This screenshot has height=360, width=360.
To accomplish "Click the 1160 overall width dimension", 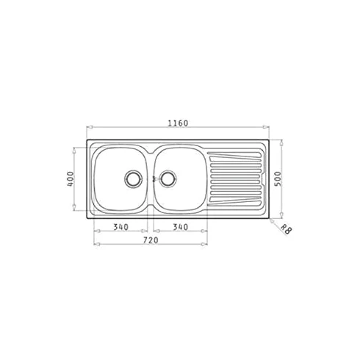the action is pos(178,123).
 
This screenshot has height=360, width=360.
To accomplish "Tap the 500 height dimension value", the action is pos(278,179).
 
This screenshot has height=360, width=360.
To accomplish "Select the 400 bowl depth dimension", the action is pos(71,179).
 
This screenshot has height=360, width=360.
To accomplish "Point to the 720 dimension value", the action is pos(151,240).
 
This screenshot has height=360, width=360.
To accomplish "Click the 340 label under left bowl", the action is pos(120,227).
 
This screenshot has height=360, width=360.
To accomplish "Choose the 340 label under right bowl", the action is pos(181,227).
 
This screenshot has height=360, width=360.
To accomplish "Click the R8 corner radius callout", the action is pos(286,230).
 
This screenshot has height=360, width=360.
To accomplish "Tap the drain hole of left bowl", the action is pos(133,179).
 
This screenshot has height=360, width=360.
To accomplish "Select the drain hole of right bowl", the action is pos(168,179).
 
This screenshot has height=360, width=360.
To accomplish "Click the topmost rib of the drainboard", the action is pos(234,156).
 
